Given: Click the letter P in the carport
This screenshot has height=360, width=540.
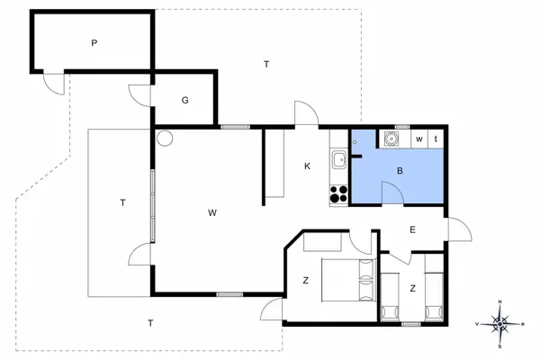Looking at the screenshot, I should pyautogui.click(x=94, y=42).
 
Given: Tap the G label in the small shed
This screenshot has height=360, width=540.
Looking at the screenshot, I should pyautogui.click(x=184, y=100).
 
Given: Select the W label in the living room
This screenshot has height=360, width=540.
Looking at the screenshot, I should pyautogui.click(x=212, y=213).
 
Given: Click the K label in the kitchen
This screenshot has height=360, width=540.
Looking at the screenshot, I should pyautogui.click(x=307, y=166).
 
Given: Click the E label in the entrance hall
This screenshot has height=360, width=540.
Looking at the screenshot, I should pyautogui.click(x=413, y=229).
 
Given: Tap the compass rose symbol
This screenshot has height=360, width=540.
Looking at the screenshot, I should pyautogui.click(x=501, y=321).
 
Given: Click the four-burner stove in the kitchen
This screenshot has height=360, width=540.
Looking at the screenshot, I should pyautogui.click(x=339, y=193).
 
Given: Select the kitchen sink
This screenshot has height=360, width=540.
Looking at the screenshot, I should pyautogui.click(x=339, y=160).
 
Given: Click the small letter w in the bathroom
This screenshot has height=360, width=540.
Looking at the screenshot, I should pyautogui.click(x=419, y=139).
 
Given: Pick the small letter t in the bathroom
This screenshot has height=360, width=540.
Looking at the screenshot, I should pyautogui.click(x=436, y=139).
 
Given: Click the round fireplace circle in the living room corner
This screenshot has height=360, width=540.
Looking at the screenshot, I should pyautogui.click(x=163, y=139).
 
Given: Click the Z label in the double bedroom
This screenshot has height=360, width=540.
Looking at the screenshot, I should pyautogui.click(x=305, y=281).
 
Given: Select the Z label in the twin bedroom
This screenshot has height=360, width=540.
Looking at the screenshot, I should pyautogui.click(x=412, y=288).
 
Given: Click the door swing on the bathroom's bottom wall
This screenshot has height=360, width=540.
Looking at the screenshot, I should pyautogui.click(x=391, y=193).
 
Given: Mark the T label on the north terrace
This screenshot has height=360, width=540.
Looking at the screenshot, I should pyautogui.click(x=265, y=64).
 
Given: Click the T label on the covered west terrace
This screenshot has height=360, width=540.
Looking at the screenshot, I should pyautogui.click(x=121, y=202).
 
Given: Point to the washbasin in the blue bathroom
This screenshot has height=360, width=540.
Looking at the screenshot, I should pyautogui.click(x=392, y=139).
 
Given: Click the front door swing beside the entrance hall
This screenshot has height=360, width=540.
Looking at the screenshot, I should pyautogui.click(x=459, y=229).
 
